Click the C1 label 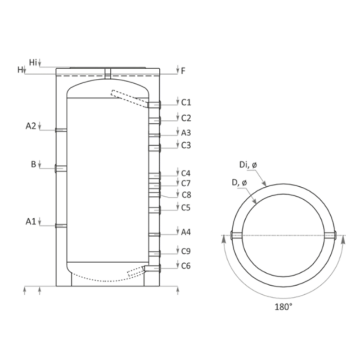186,103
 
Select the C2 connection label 186,118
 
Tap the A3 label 186,133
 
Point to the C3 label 186,145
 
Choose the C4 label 186,173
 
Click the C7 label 186,184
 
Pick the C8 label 186,195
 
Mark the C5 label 186,207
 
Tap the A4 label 186,232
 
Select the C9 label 186,251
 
